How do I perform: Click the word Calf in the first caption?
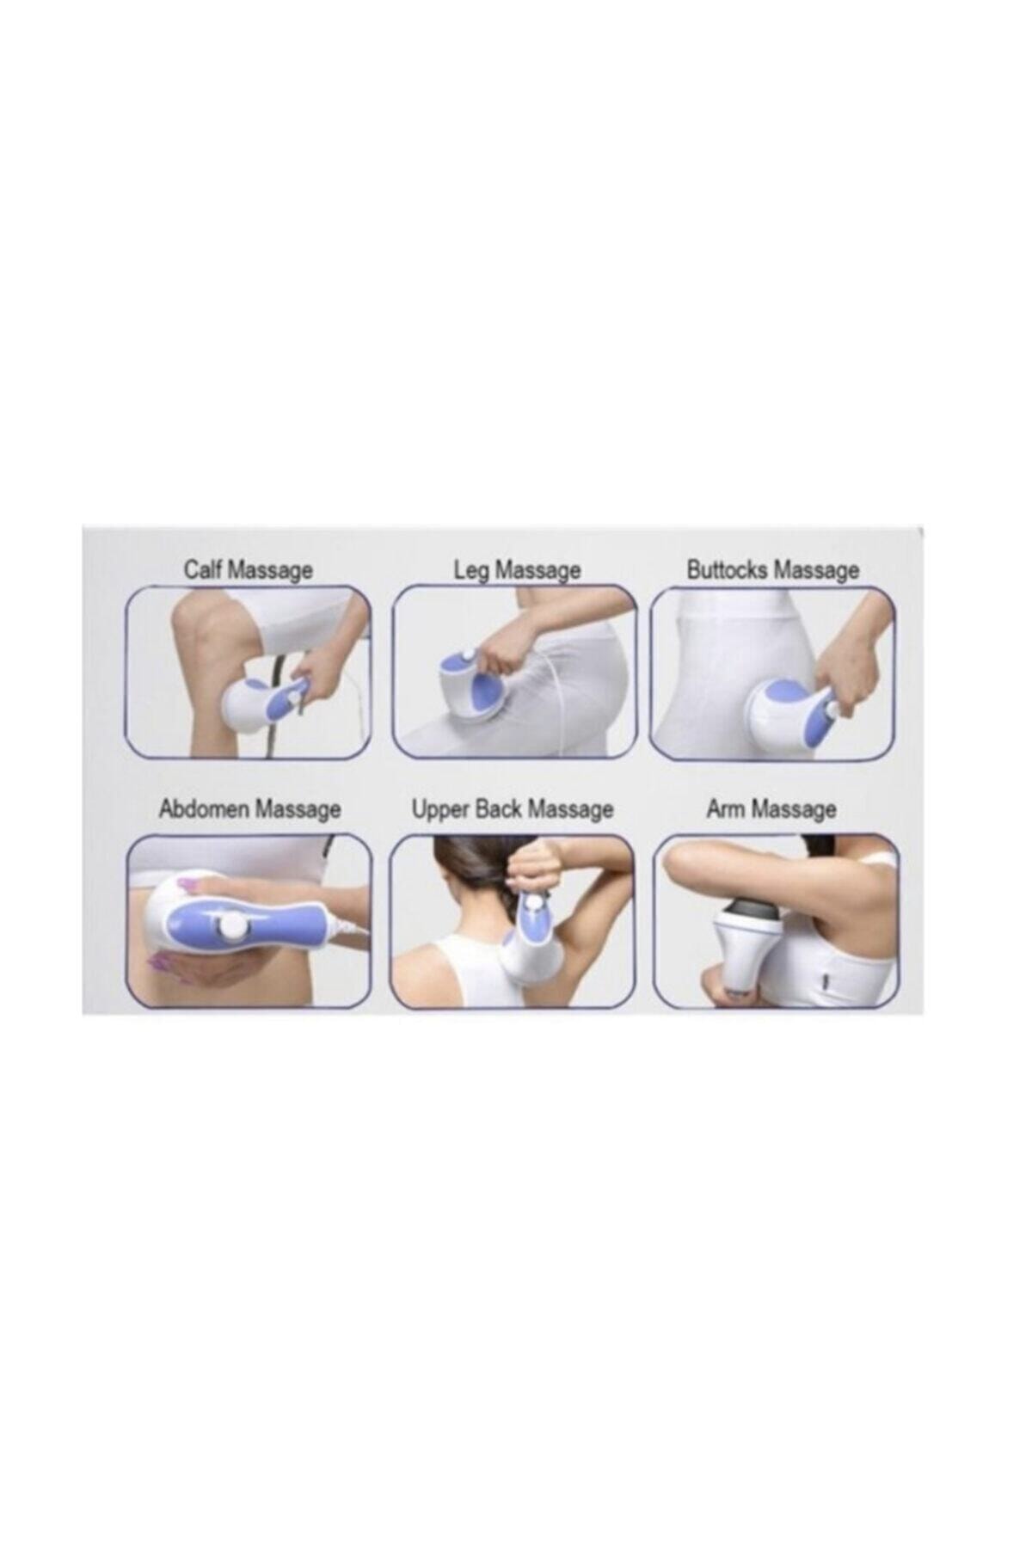tap(202, 570)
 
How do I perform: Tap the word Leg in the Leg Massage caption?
tap(472, 570)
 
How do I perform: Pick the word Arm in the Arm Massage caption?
tap(725, 809)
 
